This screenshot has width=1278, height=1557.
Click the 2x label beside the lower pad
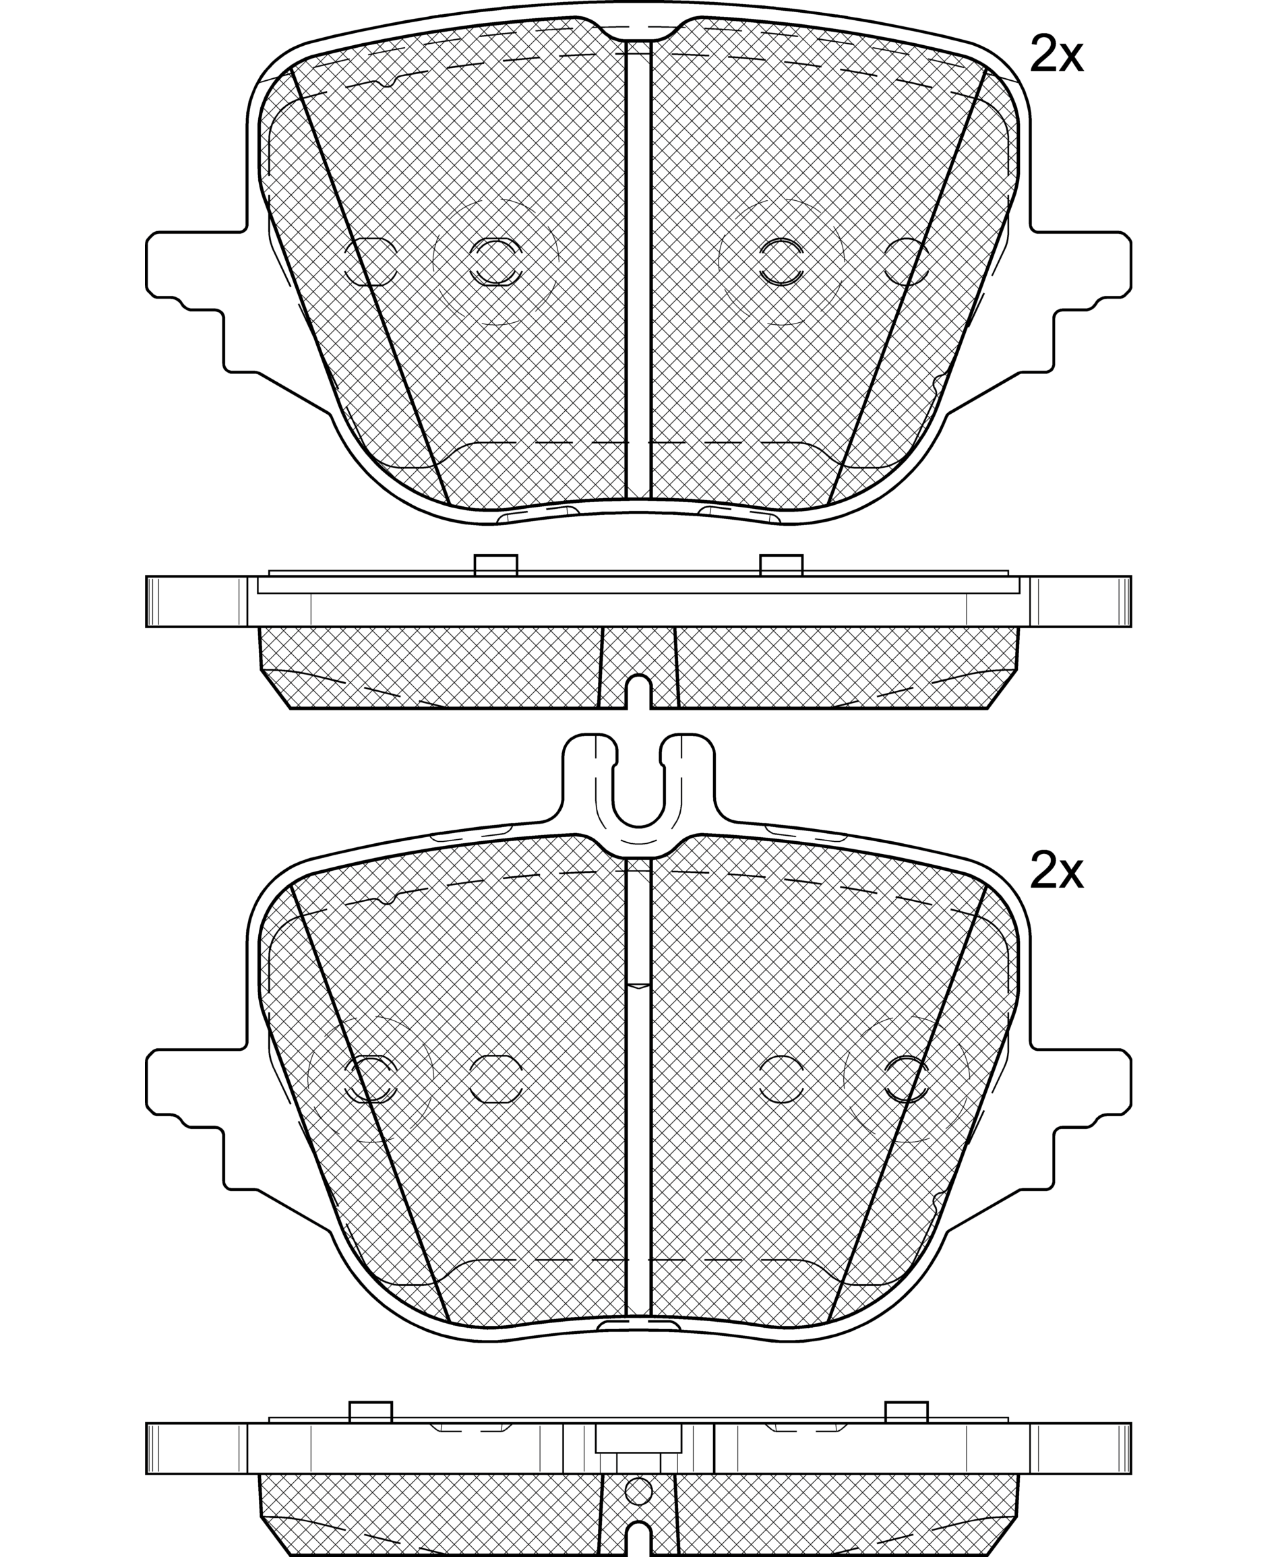click(x=1056, y=872)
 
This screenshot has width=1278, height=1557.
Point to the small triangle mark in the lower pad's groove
click(x=638, y=985)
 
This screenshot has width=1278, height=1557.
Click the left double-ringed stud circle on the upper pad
click(x=495, y=262)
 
